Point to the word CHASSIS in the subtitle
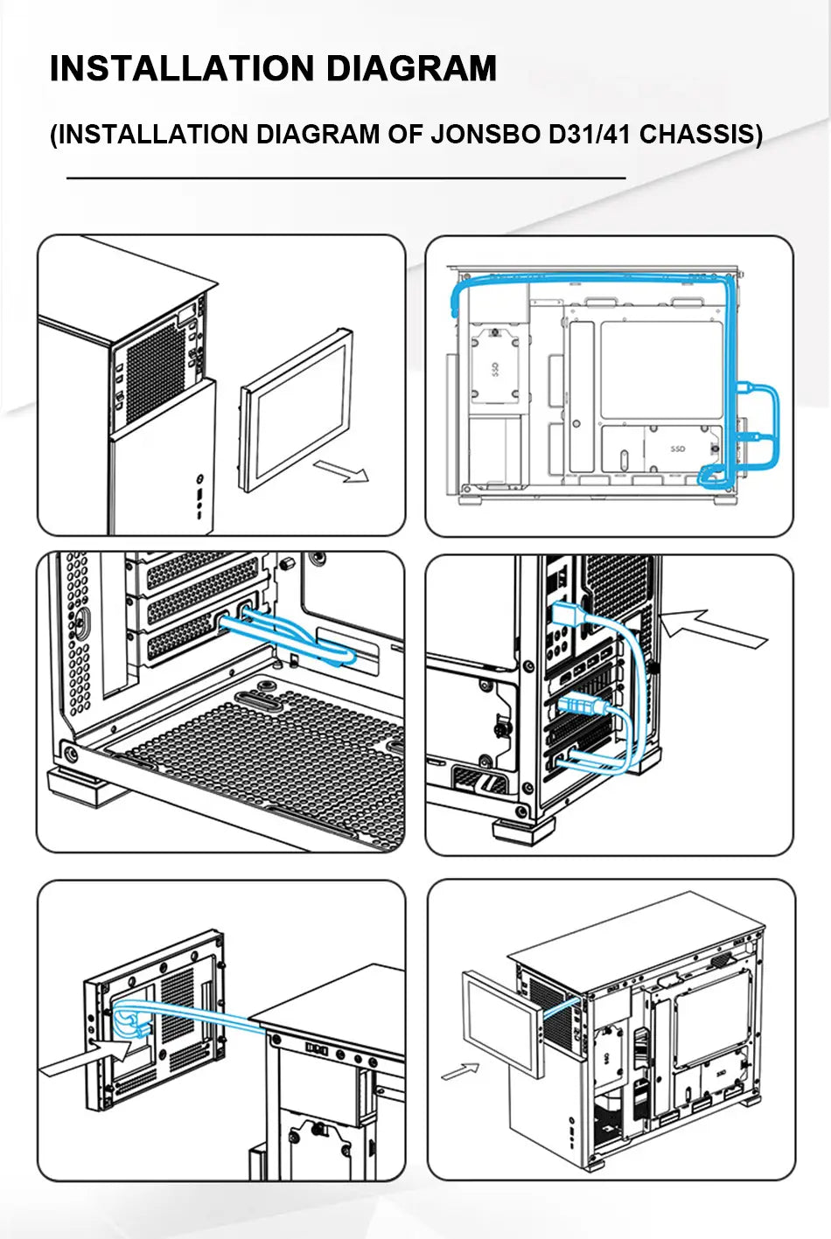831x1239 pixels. (x=702, y=134)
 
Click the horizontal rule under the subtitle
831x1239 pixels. (x=346, y=177)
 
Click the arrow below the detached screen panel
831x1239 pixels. (x=342, y=470)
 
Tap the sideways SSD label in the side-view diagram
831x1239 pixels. (x=494, y=371)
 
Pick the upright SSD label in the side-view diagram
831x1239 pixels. (x=678, y=449)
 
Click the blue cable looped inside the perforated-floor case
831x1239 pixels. (x=289, y=637)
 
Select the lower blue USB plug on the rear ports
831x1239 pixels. (x=579, y=704)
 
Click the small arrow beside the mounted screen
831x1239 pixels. (x=461, y=1069)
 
